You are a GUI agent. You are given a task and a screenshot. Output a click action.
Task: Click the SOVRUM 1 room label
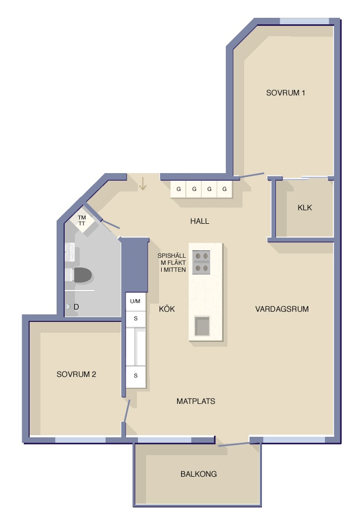click(286, 93)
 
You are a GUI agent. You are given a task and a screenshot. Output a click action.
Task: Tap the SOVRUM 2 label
click(76, 374)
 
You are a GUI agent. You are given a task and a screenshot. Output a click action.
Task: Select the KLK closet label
click(305, 208)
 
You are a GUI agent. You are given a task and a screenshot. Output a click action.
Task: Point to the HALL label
click(199, 221)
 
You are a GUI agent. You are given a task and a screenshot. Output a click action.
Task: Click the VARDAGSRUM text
click(282, 309)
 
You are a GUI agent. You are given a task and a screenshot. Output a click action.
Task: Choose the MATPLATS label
click(196, 401)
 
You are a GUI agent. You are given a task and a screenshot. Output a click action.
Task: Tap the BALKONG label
click(199, 473)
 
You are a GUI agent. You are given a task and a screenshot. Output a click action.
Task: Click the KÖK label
click(167, 309)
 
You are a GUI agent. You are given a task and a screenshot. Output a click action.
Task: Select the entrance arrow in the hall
click(142, 184)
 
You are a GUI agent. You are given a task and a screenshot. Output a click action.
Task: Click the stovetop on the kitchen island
click(202, 262)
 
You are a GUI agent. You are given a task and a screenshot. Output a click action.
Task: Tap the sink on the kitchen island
click(202, 326)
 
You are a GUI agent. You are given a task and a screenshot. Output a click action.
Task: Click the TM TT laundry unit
click(82, 221)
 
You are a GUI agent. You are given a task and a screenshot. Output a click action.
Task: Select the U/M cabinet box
click(135, 301)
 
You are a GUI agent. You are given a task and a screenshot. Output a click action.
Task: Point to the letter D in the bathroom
click(76, 307)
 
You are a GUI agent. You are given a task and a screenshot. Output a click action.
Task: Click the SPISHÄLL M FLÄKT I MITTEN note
click(172, 263)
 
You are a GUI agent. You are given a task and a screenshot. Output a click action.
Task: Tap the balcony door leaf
click(233, 444)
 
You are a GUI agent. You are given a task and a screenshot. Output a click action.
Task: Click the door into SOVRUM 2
click(126, 410)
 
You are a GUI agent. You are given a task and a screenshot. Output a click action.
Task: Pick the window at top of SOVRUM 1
click(304, 22)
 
